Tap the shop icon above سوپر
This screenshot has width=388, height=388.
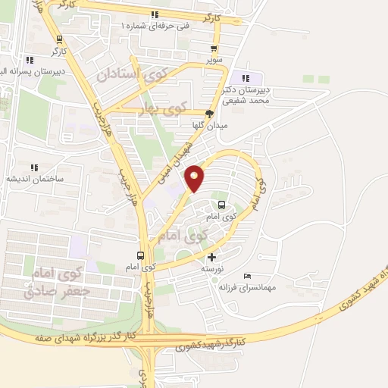click(215, 45)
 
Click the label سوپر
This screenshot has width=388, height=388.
click(215, 58)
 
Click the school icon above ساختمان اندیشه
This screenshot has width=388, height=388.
click(33, 167)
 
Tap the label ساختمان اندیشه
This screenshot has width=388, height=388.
click(33, 179)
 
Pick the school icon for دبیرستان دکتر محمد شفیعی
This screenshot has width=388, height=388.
click(244, 77)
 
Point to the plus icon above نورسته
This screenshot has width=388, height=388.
click(211, 258)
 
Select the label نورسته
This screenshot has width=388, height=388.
click(212, 270)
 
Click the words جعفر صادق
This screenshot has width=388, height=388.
click(57, 291)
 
